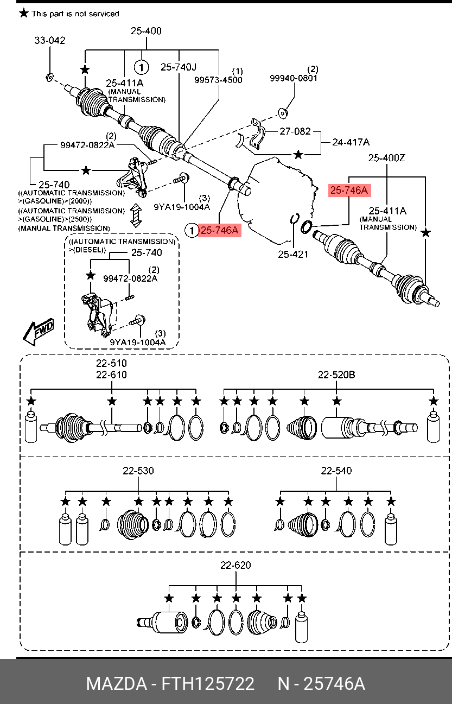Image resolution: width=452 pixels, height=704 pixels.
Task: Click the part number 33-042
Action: pos(50,40)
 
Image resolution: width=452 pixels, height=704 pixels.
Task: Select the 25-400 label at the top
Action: pos(146,31)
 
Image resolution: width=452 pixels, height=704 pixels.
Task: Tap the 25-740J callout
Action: pos(179,67)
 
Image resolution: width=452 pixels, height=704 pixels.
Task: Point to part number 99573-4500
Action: pos(218,80)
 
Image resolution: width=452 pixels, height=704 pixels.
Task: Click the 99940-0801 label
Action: pos(294,78)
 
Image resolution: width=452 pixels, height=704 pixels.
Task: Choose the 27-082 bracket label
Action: pos(295,131)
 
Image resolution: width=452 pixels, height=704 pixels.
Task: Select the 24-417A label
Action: pos(351,142)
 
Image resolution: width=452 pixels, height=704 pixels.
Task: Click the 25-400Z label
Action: pos(387,158)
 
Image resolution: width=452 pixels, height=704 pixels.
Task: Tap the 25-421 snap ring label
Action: pos(293,253)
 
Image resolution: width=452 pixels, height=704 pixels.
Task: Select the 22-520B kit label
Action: pos(336,375)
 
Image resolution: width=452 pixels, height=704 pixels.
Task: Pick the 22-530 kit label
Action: pos(138,471)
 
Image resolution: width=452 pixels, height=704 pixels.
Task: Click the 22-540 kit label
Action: pos(336,471)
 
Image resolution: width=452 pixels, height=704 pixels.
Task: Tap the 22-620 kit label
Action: pos(235,565)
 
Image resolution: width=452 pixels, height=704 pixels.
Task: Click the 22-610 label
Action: pos(111,375)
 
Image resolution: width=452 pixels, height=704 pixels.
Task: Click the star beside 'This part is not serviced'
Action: pos(23,13)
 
